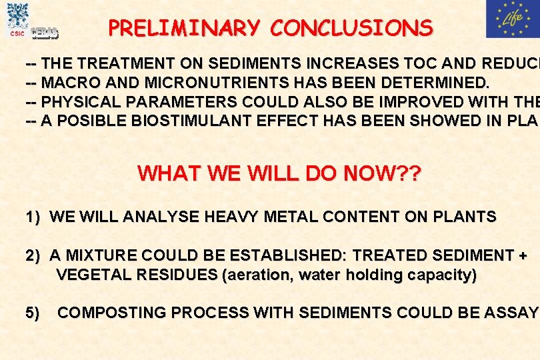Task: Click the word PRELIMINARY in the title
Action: coord(186,28)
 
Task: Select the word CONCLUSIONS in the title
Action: coord(352,28)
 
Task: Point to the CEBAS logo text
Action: coord(45,33)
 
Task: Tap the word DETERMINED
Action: coord(435,83)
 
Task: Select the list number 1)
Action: coord(33,217)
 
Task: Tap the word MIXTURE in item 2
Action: coord(99,255)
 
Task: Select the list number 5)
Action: coord(33,313)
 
